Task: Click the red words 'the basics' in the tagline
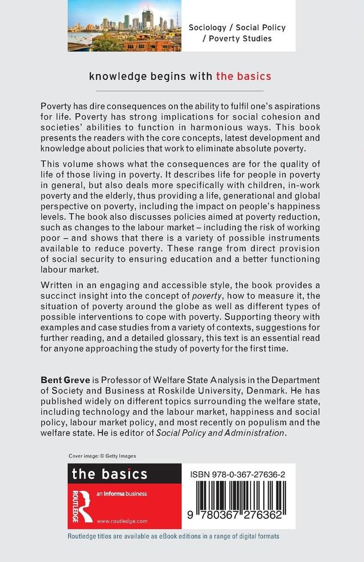(243, 76)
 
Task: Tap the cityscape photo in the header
(124, 26)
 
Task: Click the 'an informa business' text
(122, 494)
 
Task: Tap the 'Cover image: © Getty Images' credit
(102, 456)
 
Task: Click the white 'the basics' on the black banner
(110, 473)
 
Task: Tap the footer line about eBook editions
(173, 536)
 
